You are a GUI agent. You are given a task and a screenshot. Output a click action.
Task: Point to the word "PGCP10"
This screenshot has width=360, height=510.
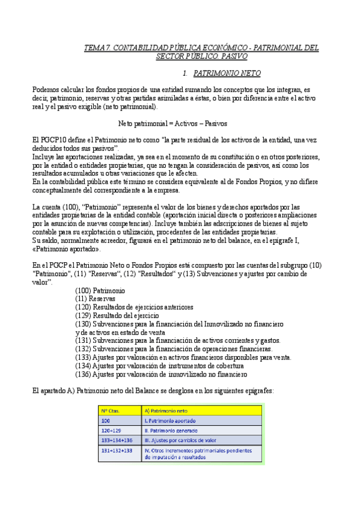click(55, 140)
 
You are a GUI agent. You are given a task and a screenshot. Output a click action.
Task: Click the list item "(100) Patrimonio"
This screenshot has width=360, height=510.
click(100, 290)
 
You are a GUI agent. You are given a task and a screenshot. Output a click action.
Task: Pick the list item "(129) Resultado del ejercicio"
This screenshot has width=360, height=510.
click(117, 315)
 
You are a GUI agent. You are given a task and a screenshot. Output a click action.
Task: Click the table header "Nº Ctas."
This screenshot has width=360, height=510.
click(111, 410)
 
